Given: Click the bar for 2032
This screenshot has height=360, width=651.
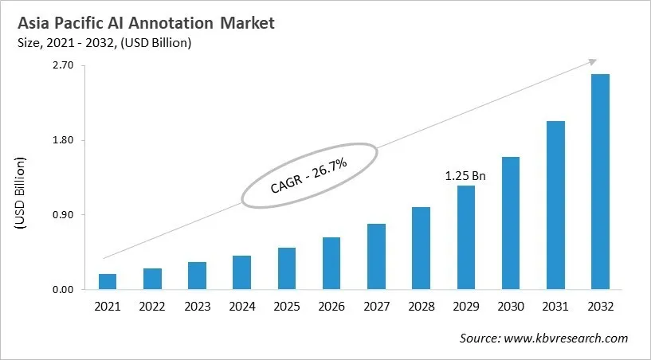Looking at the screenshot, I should [x=600, y=182].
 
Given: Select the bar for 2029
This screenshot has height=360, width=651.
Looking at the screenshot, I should [x=465, y=237].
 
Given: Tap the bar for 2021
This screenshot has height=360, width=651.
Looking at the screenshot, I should [x=108, y=281].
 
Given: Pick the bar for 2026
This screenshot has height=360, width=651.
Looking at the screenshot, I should [x=331, y=263].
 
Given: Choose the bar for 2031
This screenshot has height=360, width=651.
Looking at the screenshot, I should [x=555, y=205].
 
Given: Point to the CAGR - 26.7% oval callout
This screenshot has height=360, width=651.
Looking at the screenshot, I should [x=308, y=175].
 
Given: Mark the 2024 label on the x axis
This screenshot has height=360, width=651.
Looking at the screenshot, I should [x=241, y=307].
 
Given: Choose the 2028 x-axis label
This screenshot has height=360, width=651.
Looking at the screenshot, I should [x=421, y=307].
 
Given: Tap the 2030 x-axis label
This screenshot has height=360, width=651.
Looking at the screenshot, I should [x=511, y=307].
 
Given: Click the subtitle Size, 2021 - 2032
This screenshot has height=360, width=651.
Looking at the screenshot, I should [x=103, y=43].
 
